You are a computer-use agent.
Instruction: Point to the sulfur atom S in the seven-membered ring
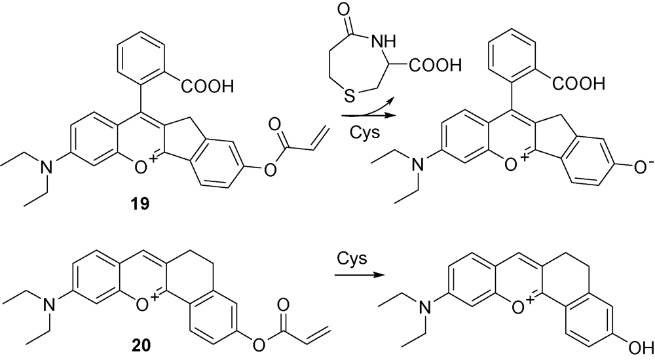[350, 96]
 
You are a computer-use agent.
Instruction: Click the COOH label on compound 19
[207, 87]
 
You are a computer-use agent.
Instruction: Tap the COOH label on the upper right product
[578, 84]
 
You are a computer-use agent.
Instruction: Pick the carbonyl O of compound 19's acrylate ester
[274, 124]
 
